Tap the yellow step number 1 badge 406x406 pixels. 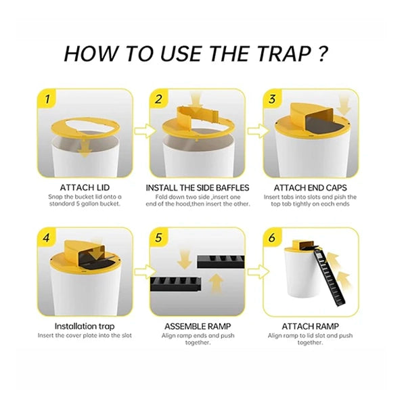pos(47,99)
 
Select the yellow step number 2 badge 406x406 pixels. pos(159,99)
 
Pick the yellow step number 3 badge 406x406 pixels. pos(272,99)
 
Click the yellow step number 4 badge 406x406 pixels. pos(47,238)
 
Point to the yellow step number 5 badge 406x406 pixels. pos(159,238)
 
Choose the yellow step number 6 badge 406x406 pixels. pos(272,238)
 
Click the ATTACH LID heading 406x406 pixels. pos(85,187)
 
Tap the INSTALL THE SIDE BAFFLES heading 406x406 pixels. pos(198,187)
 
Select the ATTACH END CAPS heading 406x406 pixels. pos(311,187)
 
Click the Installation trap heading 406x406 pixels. pos(85,325)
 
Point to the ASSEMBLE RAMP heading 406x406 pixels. pos(198,325)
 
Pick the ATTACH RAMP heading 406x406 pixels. pos(311,325)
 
